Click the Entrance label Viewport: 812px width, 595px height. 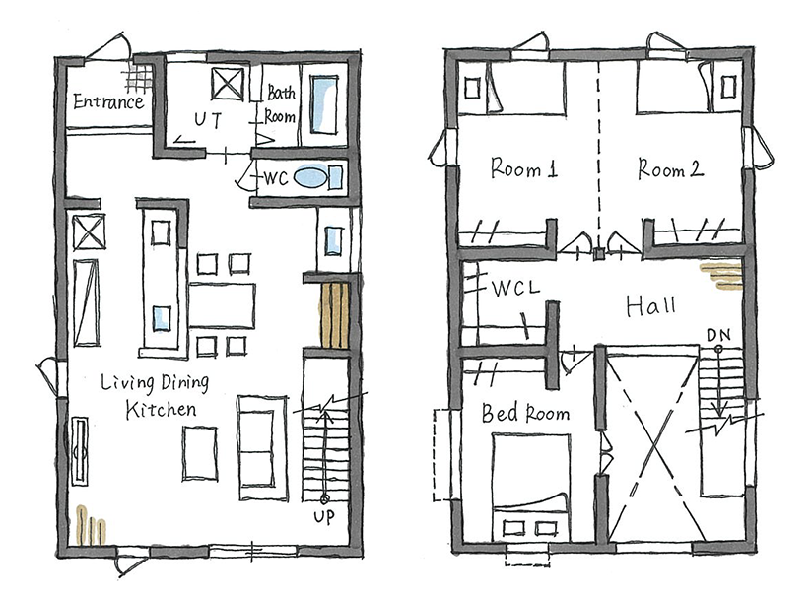(x=108, y=101)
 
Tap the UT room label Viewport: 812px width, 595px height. (x=208, y=120)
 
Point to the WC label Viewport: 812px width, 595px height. (x=276, y=178)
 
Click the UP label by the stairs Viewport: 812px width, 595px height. (x=324, y=517)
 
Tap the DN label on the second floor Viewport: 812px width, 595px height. (x=718, y=336)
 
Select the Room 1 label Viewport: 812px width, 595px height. (x=524, y=168)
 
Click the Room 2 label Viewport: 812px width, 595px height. (x=670, y=168)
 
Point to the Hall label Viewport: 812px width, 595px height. (x=651, y=306)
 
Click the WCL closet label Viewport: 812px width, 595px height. (x=515, y=288)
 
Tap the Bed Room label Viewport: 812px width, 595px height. (x=525, y=413)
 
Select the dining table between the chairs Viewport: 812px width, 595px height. (x=222, y=305)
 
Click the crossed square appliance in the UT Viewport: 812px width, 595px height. (x=228, y=84)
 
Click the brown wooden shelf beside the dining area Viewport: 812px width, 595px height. (x=334, y=315)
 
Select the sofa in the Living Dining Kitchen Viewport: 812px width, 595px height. (x=262, y=448)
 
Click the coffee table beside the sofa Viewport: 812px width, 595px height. (x=199, y=453)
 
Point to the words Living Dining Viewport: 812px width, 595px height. (x=155, y=383)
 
